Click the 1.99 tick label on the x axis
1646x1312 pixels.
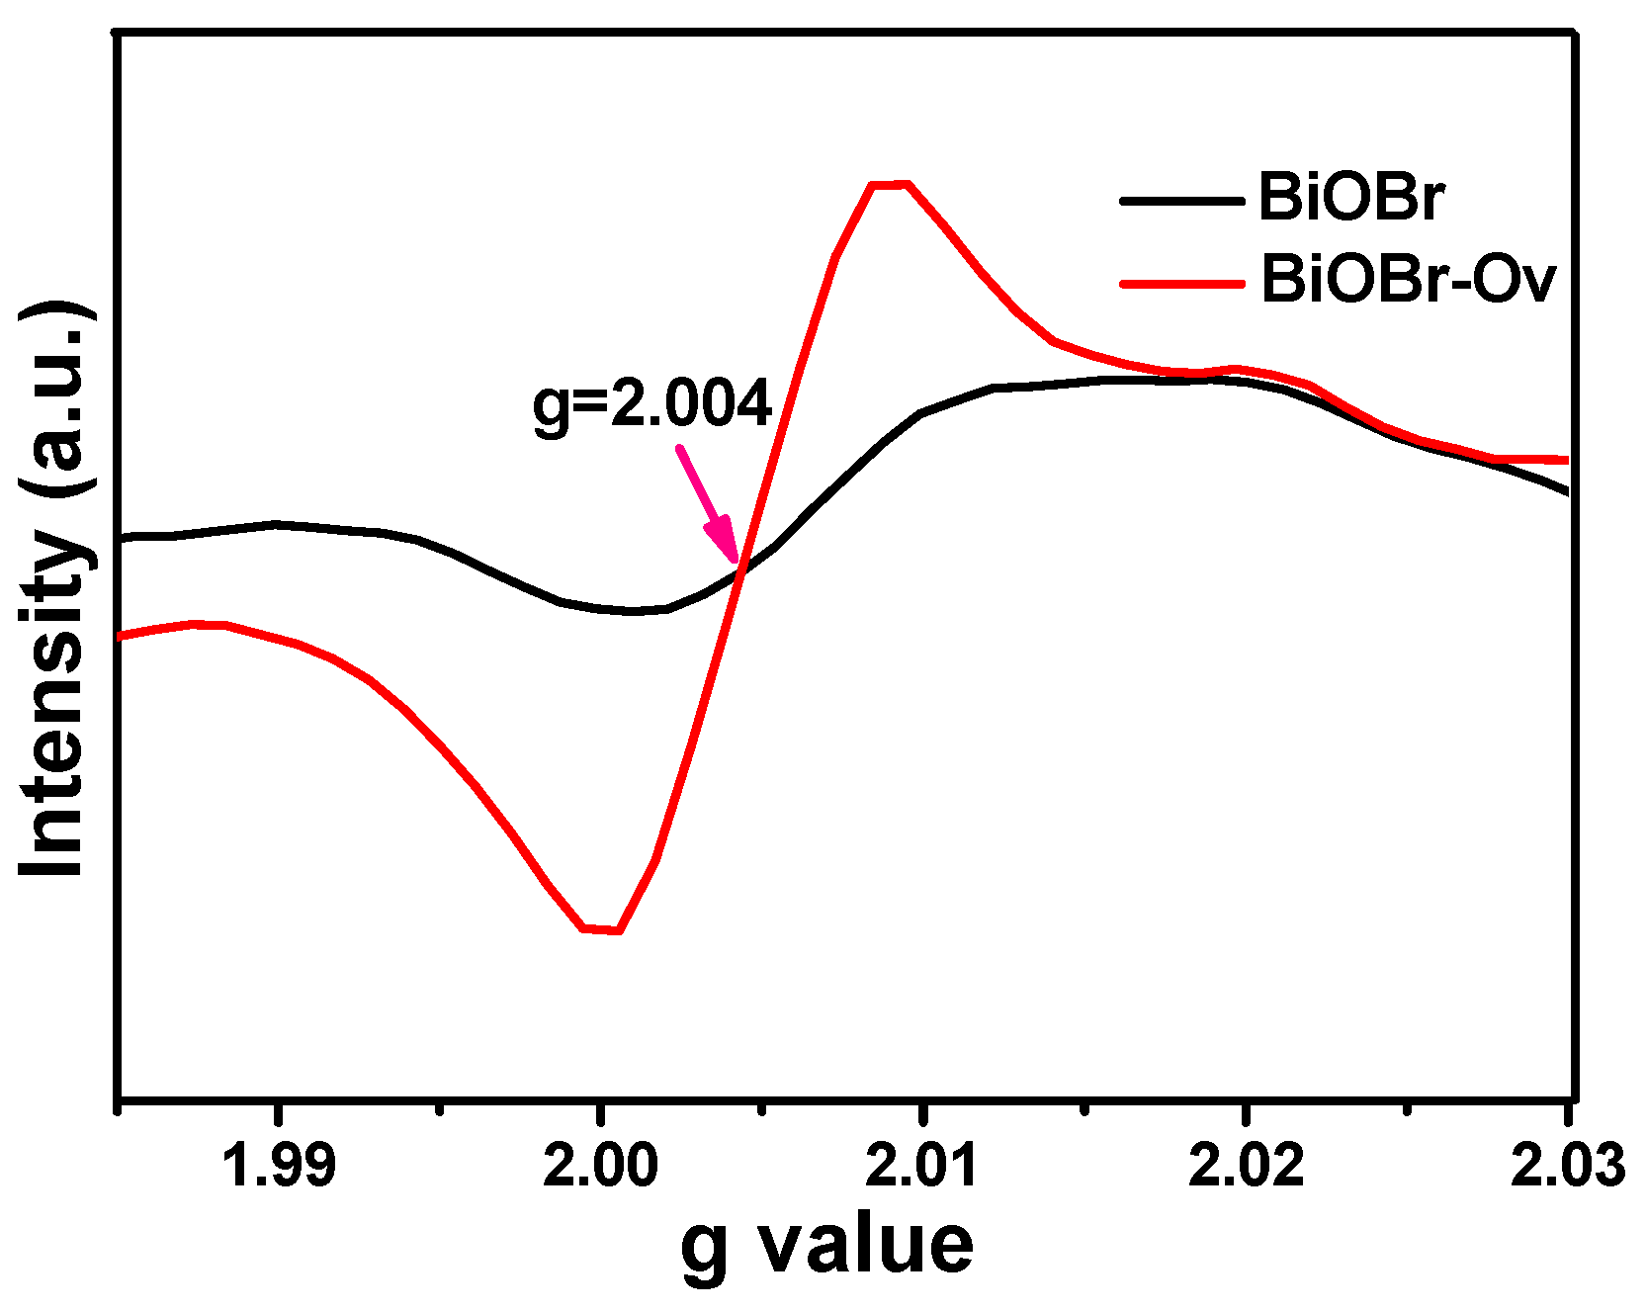[x=280, y=1166]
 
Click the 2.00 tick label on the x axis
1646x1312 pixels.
[x=600, y=1166]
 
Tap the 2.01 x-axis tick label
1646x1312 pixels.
[x=921, y=1166]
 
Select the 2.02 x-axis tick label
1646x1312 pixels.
[x=1246, y=1166]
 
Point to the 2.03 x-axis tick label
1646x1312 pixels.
[x=1568, y=1166]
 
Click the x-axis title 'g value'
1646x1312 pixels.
[x=826, y=1246]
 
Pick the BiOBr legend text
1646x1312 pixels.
[x=1350, y=198]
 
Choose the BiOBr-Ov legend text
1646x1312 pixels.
[x=1408, y=280]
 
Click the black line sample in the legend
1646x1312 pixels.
[x=1181, y=201]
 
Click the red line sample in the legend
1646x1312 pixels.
[x=1181, y=284]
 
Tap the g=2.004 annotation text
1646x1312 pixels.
[x=651, y=402]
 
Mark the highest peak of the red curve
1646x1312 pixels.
[x=890, y=184]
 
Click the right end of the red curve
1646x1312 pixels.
[x=1565, y=460]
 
